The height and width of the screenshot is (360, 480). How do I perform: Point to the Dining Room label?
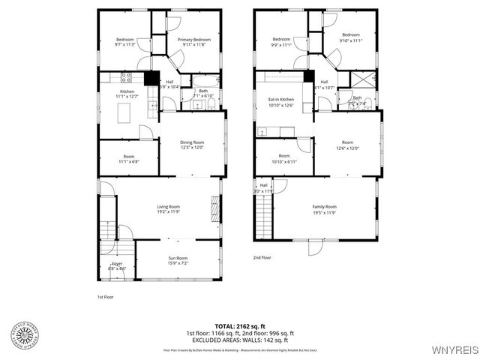pyautogui.click(x=193, y=144)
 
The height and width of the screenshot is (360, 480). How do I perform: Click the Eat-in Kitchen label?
pyautogui.click(x=281, y=102)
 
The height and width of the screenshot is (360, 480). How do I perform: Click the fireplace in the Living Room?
pyautogui.click(x=214, y=205)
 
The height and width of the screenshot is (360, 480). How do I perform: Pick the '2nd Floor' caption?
pyautogui.click(x=262, y=257)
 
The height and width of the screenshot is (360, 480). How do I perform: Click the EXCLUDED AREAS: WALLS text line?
pyautogui.click(x=240, y=339)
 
